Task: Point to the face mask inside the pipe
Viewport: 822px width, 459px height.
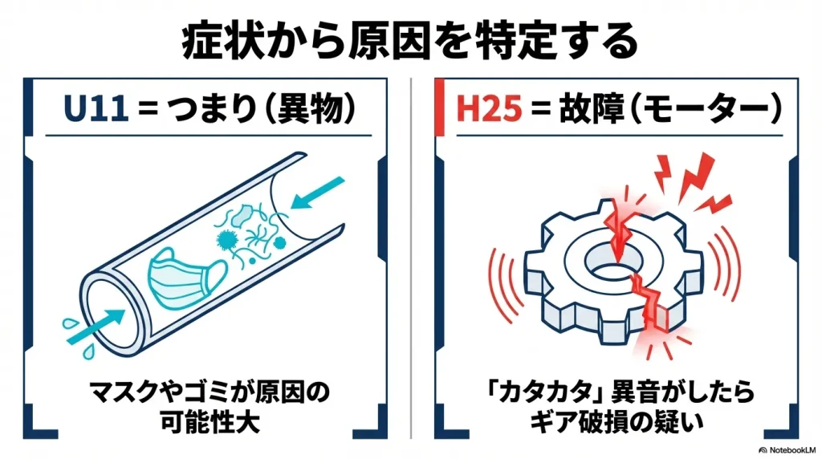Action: tap(181, 272)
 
